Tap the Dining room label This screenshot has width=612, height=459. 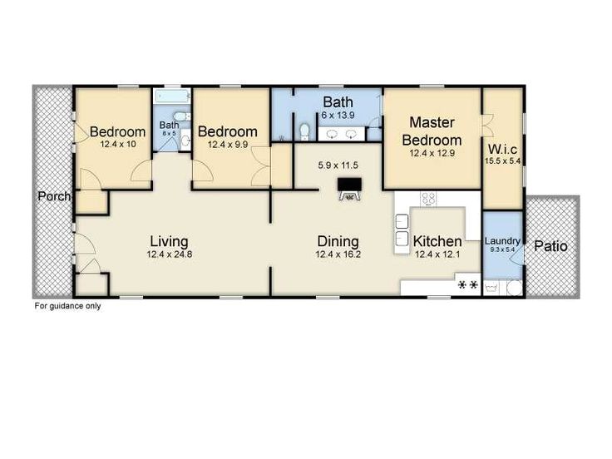[x=338, y=241]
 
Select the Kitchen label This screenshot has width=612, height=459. [x=437, y=242]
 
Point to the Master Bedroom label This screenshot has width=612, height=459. [x=432, y=131]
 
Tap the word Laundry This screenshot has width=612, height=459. [x=502, y=241]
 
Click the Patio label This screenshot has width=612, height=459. [x=550, y=246]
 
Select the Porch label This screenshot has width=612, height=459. [x=53, y=196]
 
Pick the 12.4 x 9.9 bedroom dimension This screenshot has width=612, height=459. [x=228, y=145]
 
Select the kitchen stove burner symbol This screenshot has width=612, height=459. [x=468, y=285]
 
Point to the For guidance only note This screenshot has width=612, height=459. [x=67, y=305]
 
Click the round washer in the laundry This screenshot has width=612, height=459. [x=516, y=288]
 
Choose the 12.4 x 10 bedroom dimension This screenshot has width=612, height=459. [x=118, y=145]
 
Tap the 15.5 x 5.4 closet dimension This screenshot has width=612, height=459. [x=504, y=161]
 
